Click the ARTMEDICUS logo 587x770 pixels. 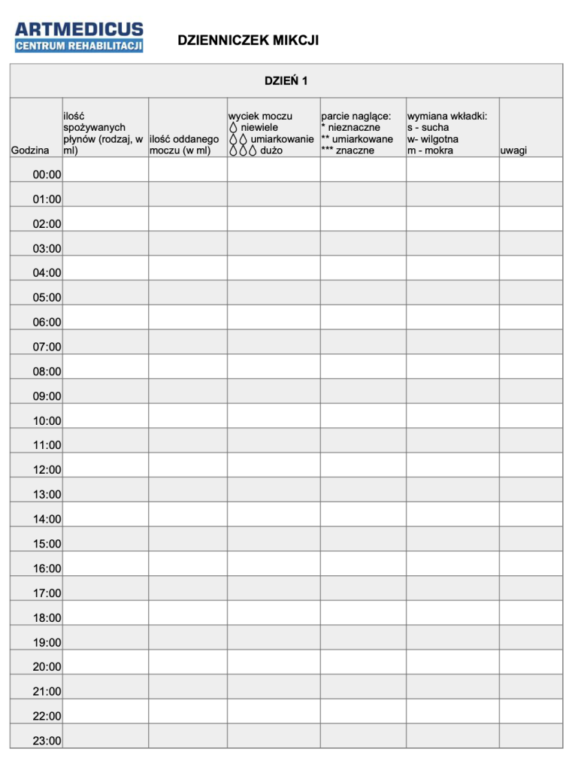[79, 37]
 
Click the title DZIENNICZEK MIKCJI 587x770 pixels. [248, 41]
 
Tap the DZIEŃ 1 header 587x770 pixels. [286, 81]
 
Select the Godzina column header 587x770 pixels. [31, 150]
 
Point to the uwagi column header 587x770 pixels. [513, 150]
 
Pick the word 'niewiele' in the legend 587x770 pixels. [259, 128]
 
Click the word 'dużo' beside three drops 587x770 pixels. [271, 150]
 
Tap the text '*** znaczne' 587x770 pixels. [347, 150]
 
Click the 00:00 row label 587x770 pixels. [47, 175]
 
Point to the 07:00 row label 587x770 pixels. [47, 347]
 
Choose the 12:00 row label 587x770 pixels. [47, 470]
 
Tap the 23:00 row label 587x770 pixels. [47, 741]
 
